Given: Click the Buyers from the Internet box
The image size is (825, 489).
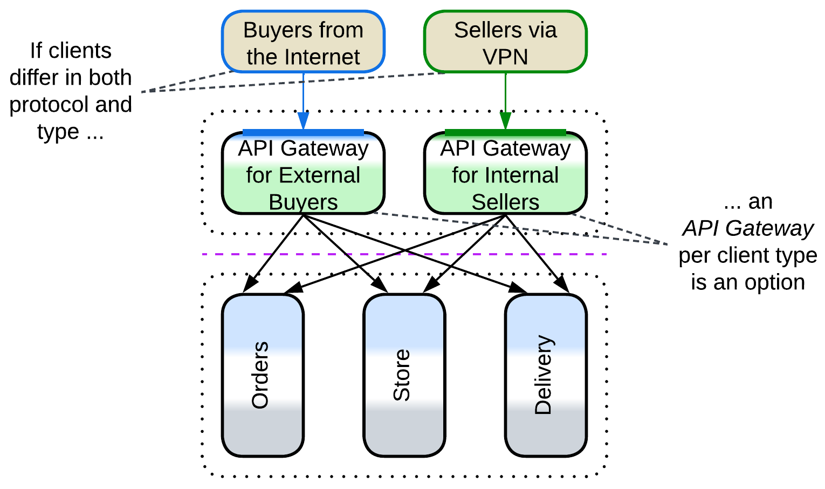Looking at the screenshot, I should tap(303, 42).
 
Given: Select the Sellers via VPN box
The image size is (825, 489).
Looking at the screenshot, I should tap(505, 42).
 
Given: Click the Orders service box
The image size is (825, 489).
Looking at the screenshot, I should tap(263, 375).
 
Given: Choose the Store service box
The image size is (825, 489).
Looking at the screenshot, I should tap(404, 375).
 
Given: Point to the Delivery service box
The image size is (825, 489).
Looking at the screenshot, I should tap(545, 375).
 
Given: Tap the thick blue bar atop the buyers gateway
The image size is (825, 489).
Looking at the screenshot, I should tap(303, 132).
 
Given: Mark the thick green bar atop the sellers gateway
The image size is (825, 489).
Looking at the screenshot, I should tap(505, 132).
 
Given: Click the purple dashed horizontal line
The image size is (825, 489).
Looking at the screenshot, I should tap(404, 254).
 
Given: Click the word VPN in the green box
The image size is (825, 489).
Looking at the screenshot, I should tap(505, 57).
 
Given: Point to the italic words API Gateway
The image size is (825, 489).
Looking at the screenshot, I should tap(748, 228).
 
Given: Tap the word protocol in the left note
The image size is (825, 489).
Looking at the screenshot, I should tap(43, 105).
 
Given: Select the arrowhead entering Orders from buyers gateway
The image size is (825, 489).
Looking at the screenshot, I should tap(250, 285).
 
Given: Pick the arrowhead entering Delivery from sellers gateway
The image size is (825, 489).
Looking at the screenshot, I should tap(563, 286).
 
